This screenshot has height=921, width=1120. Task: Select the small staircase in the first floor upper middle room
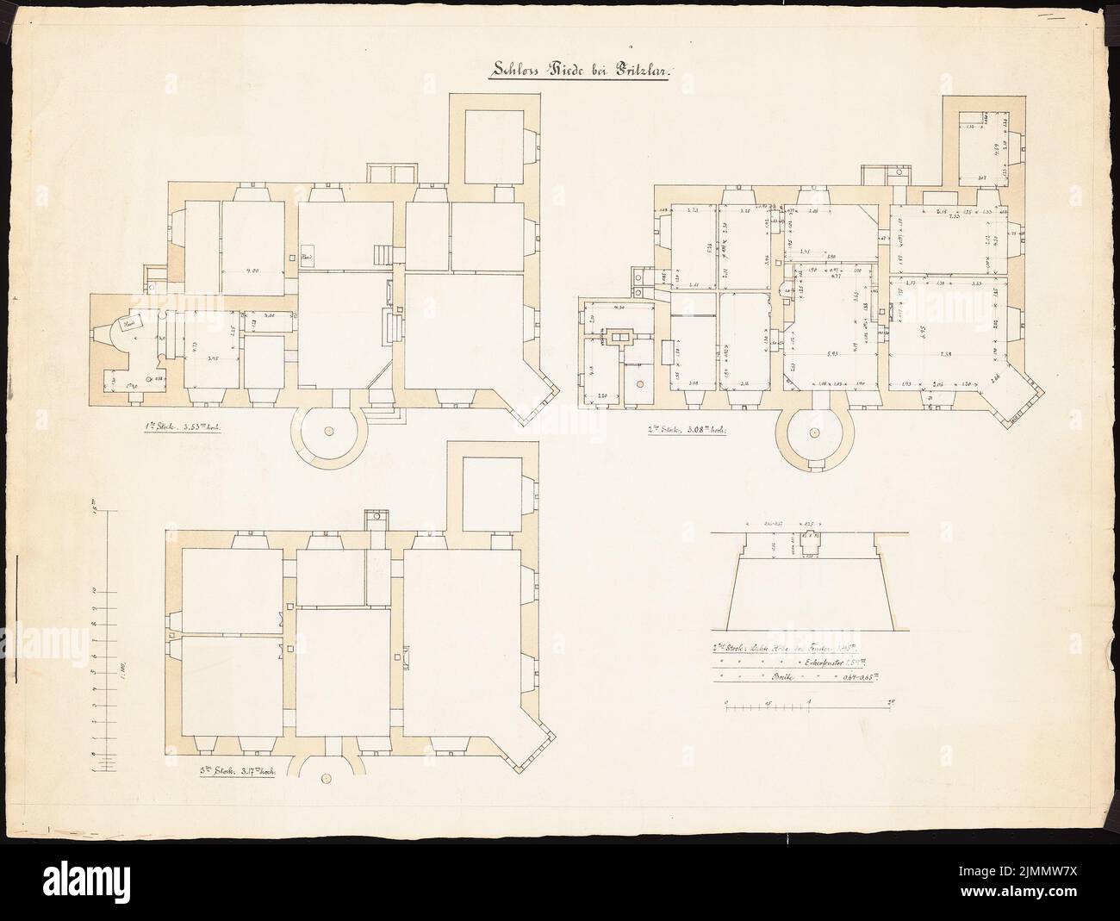pyautogui.click(x=382, y=254)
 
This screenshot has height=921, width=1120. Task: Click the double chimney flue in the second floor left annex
pyautogui.click(x=619, y=336)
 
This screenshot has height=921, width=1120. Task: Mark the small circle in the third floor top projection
pyautogui.click(x=376, y=519)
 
